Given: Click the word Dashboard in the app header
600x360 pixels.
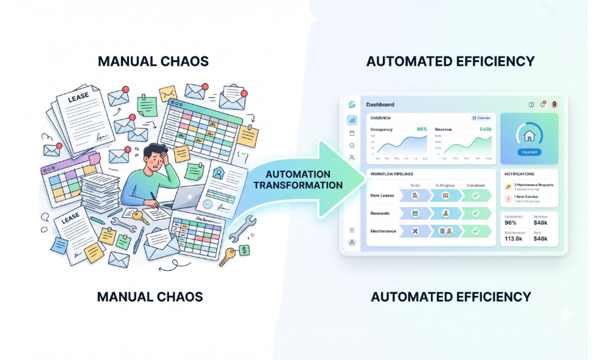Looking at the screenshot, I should tap(380, 105).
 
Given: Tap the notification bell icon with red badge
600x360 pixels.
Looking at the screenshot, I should tap(542, 105).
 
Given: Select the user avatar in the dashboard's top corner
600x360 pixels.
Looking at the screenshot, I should tap(555, 105).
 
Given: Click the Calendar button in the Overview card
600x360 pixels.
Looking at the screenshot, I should tap(481, 118).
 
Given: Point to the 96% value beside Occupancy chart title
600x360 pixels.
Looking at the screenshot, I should tap(422, 129).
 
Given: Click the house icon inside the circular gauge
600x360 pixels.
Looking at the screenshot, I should tap(529, 136).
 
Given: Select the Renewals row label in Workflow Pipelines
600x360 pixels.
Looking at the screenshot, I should tap(380, 213).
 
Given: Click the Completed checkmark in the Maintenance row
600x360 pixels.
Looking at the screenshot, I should tap(475, 231).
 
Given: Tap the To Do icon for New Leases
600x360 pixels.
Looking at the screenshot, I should tap(415, 195).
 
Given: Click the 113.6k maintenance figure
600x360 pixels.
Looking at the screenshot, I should tap(513, 239).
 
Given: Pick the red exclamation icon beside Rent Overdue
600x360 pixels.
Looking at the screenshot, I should tap(508, 199).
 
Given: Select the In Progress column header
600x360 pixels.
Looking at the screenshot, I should tap(445, 186).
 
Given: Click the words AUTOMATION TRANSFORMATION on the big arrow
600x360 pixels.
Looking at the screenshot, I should tap(298, 180).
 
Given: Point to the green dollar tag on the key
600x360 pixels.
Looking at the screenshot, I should tap(244, 250).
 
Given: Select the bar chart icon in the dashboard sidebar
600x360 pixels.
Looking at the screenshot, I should tap(352, 120).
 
